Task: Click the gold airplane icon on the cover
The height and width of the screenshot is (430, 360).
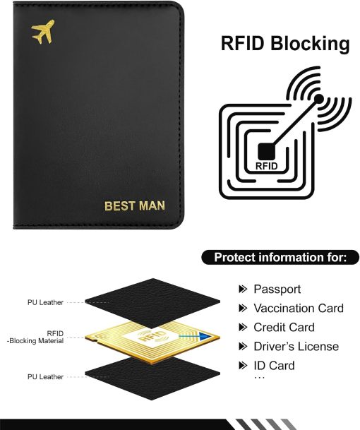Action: [x=43, y=31]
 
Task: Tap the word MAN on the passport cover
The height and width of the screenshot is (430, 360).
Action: [x=152, y=205]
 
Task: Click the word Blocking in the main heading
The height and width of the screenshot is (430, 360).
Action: [x=310, y=44]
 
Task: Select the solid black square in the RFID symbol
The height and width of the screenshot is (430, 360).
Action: [x=266, y=152]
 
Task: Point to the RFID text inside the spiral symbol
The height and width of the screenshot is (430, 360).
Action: [x=267, y=166]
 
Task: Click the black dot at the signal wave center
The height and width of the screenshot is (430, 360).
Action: [x=318, y=99]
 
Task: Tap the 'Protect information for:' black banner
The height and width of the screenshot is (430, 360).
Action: [x=280, y=258]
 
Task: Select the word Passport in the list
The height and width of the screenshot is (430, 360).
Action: [x=277, y=289]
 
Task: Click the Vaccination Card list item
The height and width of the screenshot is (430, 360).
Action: [x=299, y=309]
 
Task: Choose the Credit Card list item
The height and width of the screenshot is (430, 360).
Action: [x=284, y=328]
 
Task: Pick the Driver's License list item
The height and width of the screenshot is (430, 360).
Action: [x=296, y=347]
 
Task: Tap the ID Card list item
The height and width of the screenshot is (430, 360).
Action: [x=274, y=366]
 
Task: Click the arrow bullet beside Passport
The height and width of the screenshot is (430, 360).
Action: [x=243, y=289]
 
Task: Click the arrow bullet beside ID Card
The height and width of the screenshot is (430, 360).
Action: [x=243, y=366]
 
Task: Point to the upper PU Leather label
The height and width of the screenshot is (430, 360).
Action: [x=45, y=302]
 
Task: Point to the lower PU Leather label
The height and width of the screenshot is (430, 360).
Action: [x=45, y=377]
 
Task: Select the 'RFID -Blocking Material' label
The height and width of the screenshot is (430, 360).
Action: [x=35, y=338]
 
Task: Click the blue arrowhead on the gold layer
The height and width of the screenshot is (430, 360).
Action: [x=205, y=336]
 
